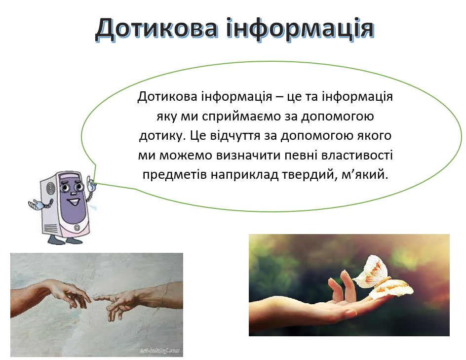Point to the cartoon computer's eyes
click(x=71, y=188)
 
